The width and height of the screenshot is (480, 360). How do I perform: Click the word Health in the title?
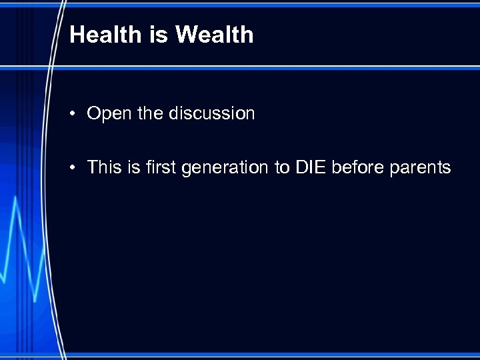pyautogui.click(x=106, y=35)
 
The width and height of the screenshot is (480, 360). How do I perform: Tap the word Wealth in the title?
pyautogui.click(x=214, y=35)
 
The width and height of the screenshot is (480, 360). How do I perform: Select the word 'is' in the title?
pyautogui.click(x=159, y=35)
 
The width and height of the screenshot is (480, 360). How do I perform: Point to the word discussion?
pyautogui.click(x=211, y=113)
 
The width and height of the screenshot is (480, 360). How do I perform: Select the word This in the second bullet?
pyautogui.click(x=104, y=167)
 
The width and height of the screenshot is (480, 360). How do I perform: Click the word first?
pyautogui.click(x=157, y=167)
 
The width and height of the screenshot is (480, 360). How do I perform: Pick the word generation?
pyautogui.click(x=222, y=167)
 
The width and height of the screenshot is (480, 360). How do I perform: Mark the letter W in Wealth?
pyautogui.click(x=185, y=35)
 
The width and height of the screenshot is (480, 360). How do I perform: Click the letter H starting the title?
pyautogui.click(x=77, y=35)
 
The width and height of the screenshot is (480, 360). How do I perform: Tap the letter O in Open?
pyautogui.click(x=94, y=114)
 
